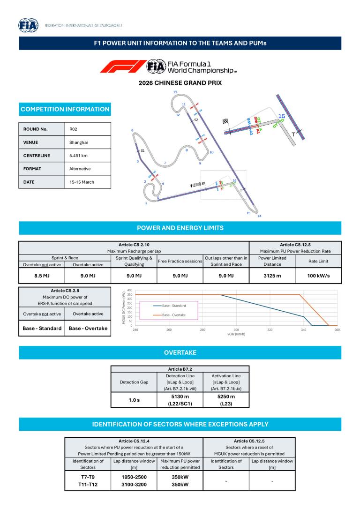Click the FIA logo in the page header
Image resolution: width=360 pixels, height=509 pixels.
click(x=28, y=25)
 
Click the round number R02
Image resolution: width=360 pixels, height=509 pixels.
click(x=74, y=129)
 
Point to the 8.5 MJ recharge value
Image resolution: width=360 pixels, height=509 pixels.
click(x=42, y=276)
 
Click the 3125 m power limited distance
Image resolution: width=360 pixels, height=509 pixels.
click(x=272, y=276)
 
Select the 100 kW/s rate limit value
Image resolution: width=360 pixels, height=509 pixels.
click(x=318, y=276)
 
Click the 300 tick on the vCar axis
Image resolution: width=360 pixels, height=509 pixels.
click(x=236, y=330)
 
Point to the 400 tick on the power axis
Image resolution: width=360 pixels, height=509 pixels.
click(x=129, y=290)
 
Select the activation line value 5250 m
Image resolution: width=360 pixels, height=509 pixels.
click(x=226, y=397)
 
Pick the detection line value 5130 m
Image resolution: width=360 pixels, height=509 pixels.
click(x=180, y=397)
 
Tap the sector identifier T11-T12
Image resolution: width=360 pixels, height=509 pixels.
click(x=88, y=485)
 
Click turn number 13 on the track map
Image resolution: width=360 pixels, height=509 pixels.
click(x=175, y=92)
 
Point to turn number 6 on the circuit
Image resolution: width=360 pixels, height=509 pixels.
click(x=133, y=130)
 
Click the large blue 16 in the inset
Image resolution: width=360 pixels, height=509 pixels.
click(x=282, y=116)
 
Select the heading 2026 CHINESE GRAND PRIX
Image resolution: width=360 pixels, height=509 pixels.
click(x=180, y=83)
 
